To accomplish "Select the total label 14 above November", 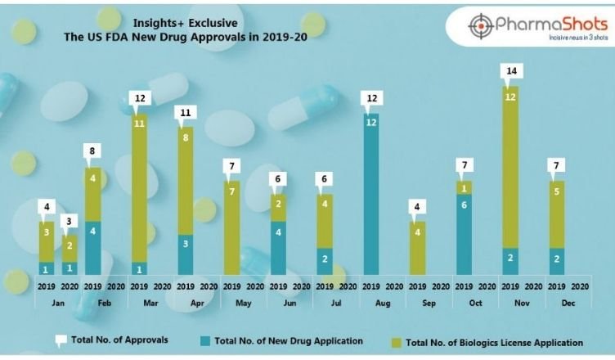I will (x=511, y=71).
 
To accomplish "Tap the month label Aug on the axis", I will (x=381, y=303).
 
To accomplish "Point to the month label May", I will (x=242, y=303).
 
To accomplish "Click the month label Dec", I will (x=566, y=303).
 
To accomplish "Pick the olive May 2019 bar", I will (x=232, y=227).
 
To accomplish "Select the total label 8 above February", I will (x=94, y=151).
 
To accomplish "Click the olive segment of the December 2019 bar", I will (x=557, y=214).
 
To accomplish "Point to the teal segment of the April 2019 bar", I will (x=186, y=254).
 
